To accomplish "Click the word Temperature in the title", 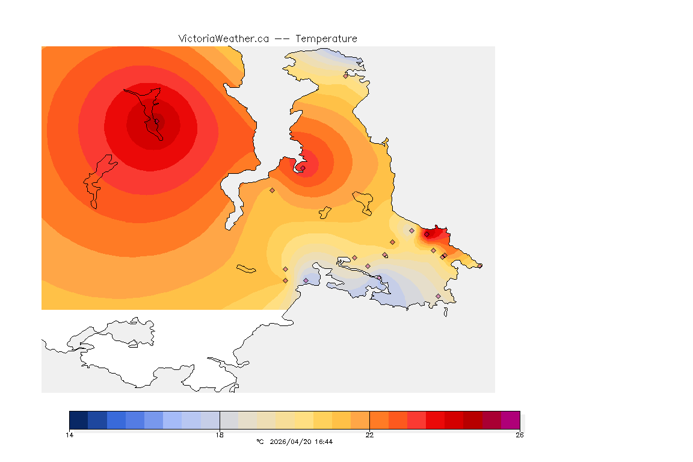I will coord(326,38).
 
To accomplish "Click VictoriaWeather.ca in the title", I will coord(223,38).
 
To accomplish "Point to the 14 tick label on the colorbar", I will coord(70,435).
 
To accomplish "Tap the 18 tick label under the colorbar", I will coord(220,435).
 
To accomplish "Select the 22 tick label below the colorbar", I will coord(369,435).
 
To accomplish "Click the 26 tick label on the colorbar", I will coord(519,435).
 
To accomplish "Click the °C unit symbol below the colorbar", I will coord(260,442).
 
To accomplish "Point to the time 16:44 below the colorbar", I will coord(323,442).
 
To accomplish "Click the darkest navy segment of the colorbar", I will coord(79,420).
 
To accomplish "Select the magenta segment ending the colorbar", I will coord(510,420).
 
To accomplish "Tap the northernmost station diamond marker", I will coord(345,76).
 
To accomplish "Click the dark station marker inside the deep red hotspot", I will coord(427,234).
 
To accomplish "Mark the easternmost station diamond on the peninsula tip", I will coord(479,265).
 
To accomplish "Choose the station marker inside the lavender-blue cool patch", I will coord(306,280).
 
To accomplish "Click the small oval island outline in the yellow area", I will coord(246,269).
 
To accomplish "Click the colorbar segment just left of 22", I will coord(360,420).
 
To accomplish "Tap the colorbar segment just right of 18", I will coord(229,420).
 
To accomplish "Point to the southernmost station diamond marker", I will coord(438,296).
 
